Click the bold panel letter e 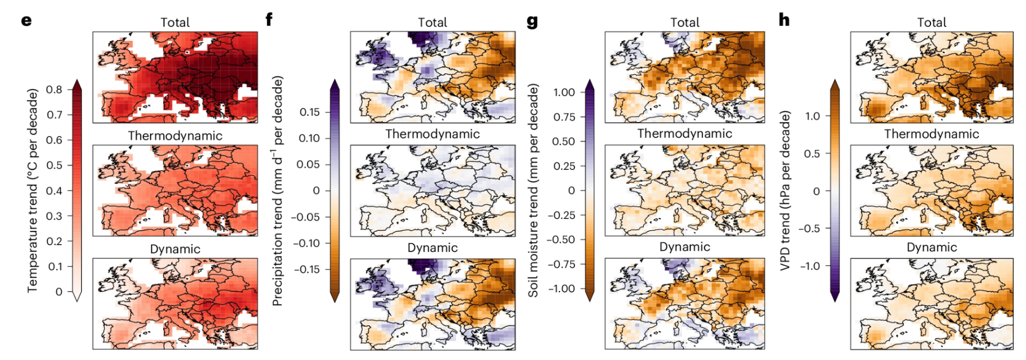(x=26, y=21)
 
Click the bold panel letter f (x=269, y=19)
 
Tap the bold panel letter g (x=532, y=22)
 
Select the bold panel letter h (x=784, y=19)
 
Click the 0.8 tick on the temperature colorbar (x=54, y=89)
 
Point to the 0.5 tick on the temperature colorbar (x=54, y=165)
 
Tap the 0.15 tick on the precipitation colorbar (x=309, y=112)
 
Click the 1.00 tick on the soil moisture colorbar (x=564, y=92)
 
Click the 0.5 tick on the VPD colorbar (x=812, y=153)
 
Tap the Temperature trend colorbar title (x=33, y=191)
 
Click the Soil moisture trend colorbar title (x=534, y=191)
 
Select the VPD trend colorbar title (x=785, y=191)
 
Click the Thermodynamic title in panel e (x=175, y=136)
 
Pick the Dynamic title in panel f (x=432, y=248)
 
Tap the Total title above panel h (x=932, y=23)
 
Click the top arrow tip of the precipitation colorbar (x=334, y=80)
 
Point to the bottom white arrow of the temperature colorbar (x=77, y=296)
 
